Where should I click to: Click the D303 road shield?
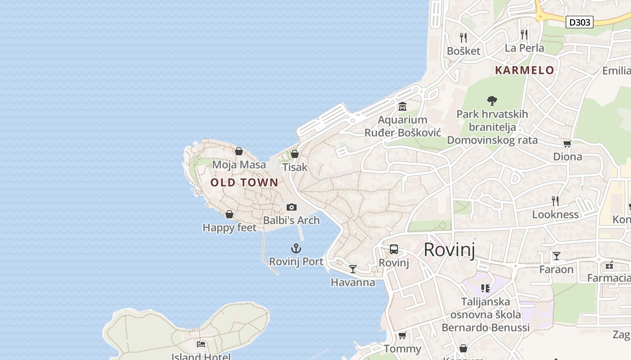[x=579, y=22]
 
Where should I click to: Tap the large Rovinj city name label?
[x=449, y=250]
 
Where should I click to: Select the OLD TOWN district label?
[x=244, y=182]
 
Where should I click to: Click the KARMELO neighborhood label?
[x=525, y=70]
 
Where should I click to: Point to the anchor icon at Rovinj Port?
[x=296, y=248]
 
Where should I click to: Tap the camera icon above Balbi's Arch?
[x=292, y=207]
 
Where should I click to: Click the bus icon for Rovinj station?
[x=393, y=249]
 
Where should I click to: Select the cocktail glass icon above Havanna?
[x=353, y=269]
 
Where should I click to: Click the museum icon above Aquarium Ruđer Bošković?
[x=402, y=107]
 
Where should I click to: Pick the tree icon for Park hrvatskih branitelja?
[x=492, y=101]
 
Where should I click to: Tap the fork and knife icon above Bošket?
[x=463, y=37]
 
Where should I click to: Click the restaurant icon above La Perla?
[x=524, y=34]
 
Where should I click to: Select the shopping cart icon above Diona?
[x=567, y=144]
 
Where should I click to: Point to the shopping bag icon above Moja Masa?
[x=239, y=151]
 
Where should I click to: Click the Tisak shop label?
[x=295, y=167]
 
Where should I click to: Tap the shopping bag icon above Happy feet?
[x=229, y=214]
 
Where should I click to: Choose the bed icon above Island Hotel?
[x=201, y=344]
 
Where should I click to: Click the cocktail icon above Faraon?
[x=557, y=256]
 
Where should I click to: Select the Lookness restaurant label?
[x=555, y=214]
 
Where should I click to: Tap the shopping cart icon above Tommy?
[x=402, y=336]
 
